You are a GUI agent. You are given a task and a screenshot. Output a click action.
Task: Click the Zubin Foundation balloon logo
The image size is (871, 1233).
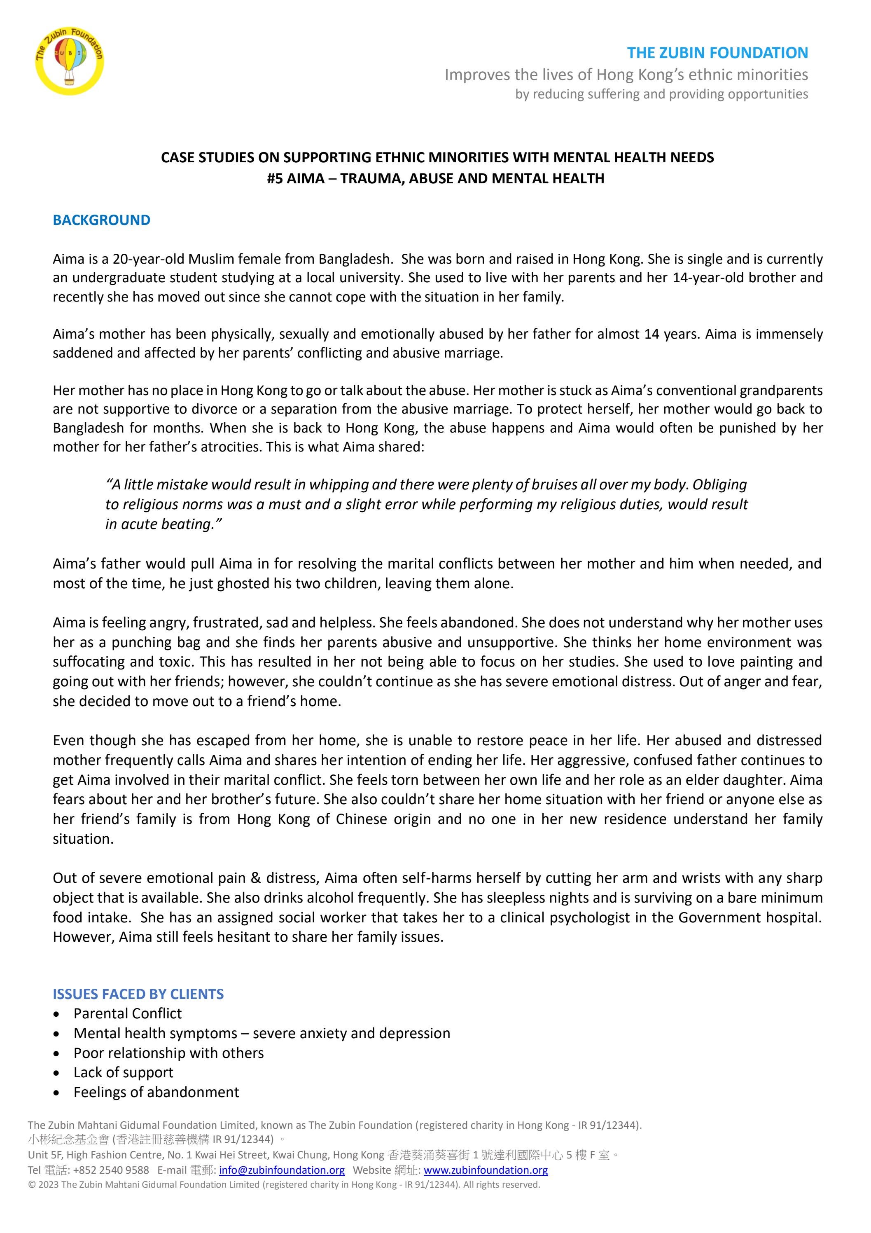coord(69,61)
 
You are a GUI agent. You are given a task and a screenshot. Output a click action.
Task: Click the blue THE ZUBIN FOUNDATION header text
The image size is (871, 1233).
coord(717,53)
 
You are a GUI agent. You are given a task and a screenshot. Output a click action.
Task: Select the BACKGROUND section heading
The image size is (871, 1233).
coord(101,220)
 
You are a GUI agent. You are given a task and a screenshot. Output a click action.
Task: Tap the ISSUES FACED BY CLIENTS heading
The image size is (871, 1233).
coord(138,994)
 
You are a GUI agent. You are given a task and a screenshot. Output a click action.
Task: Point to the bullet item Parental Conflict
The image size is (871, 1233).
coord(127,1013)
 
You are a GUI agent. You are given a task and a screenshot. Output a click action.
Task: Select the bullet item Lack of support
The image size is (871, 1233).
coord(123,1072)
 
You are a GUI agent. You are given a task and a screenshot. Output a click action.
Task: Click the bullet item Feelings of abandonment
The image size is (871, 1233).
coord(156,1092)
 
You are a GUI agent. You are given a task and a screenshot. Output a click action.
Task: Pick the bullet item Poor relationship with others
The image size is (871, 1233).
coord(168,1053)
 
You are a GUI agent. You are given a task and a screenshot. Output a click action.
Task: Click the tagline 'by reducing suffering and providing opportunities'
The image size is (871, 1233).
coord(661,94)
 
